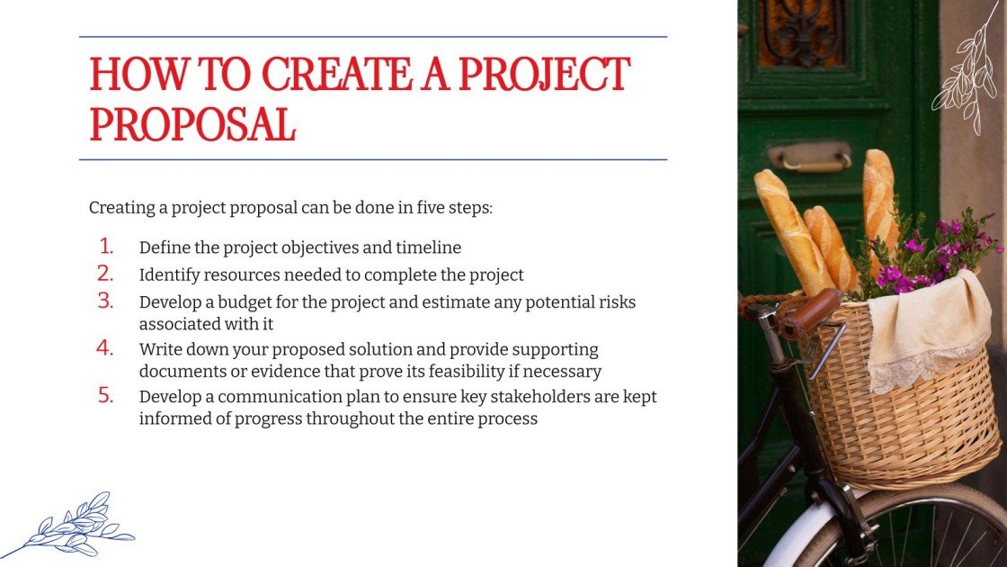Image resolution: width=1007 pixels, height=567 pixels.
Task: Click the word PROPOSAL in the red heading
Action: point(192,125)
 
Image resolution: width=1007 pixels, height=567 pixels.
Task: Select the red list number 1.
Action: point(106,246)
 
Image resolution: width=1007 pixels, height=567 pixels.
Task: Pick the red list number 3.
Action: point(106,301)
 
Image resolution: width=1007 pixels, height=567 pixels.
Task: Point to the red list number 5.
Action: point(106,395)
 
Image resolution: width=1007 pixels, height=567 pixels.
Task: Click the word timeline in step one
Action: point(428,247)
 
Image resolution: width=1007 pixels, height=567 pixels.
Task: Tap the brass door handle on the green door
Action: point(809,157)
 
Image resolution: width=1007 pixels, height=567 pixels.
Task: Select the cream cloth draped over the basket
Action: point(931,328)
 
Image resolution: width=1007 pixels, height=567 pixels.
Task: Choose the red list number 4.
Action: point(106,348)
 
